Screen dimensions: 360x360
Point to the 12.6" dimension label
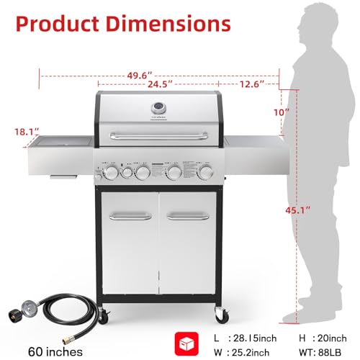[x=253, y=84]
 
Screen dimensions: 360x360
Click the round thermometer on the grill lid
[x=159, y=107]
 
